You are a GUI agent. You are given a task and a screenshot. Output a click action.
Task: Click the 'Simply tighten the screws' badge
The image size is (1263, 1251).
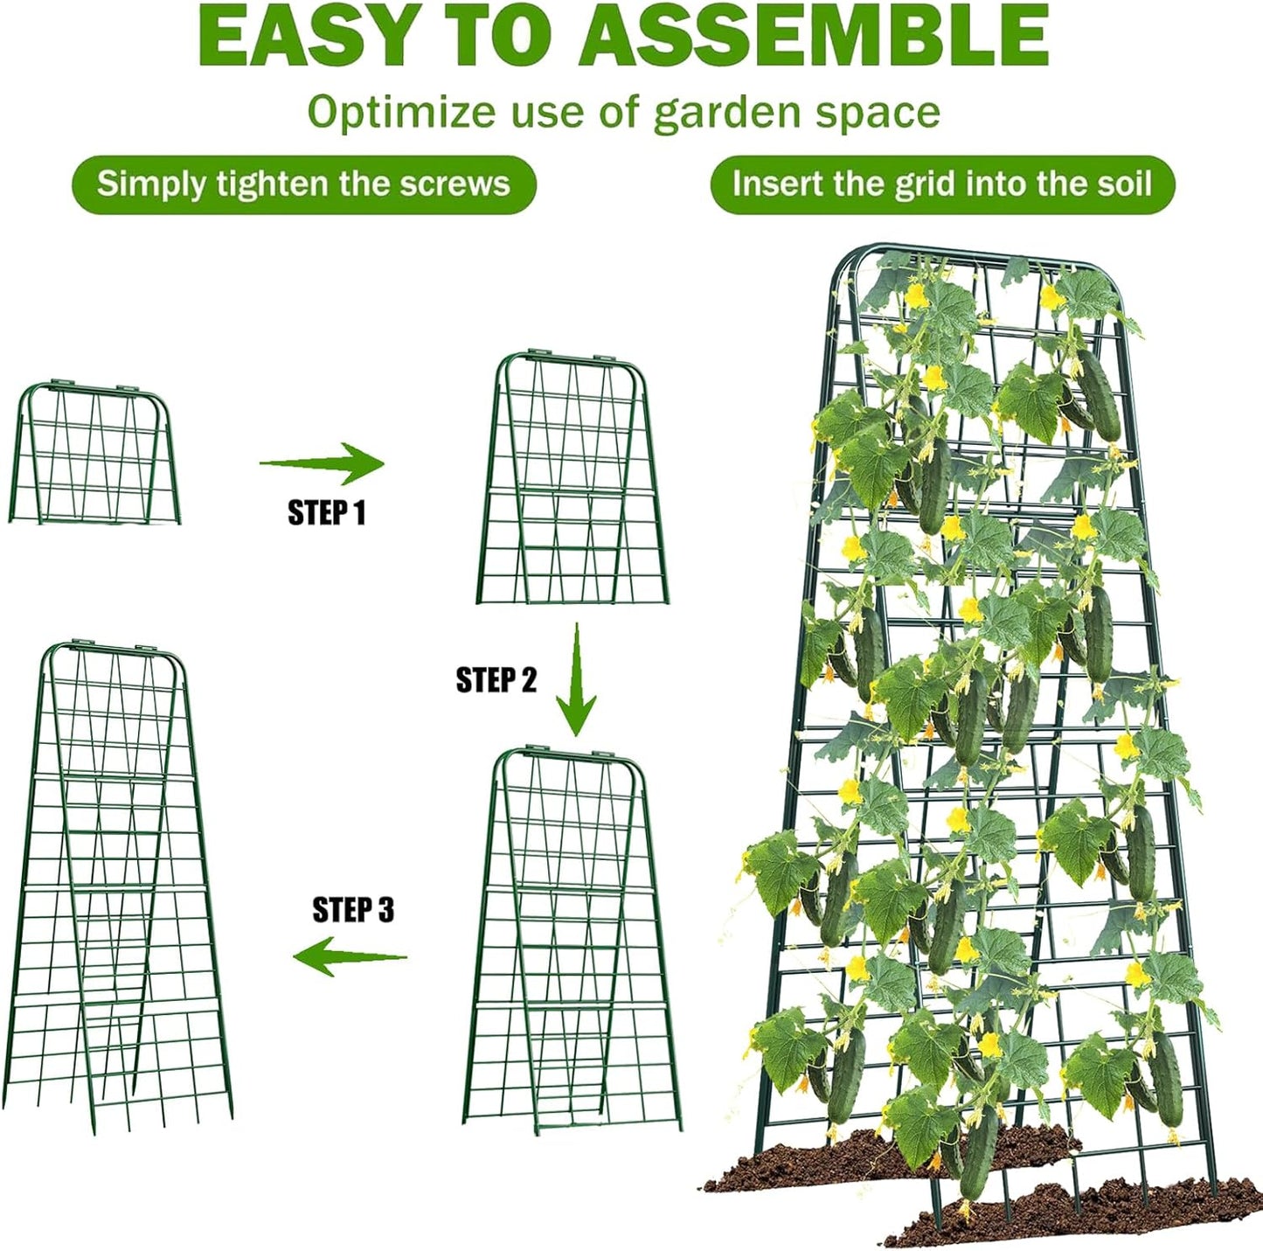pos(303,184)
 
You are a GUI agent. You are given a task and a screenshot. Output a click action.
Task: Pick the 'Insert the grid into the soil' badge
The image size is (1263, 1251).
pos(942,184)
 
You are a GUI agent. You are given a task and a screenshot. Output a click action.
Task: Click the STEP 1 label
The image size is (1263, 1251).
pos(326,512)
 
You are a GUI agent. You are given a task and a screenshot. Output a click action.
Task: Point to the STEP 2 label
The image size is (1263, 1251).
pos(496,679)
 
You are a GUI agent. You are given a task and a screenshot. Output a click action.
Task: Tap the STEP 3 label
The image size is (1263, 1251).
pos(353,910)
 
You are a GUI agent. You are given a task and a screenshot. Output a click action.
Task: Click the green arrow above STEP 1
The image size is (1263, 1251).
pos(323,463)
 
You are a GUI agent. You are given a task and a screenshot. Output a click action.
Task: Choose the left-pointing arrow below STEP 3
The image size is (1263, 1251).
pos(350,956)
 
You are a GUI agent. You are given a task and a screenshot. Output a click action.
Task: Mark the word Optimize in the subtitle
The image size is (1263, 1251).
pos(401,114)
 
